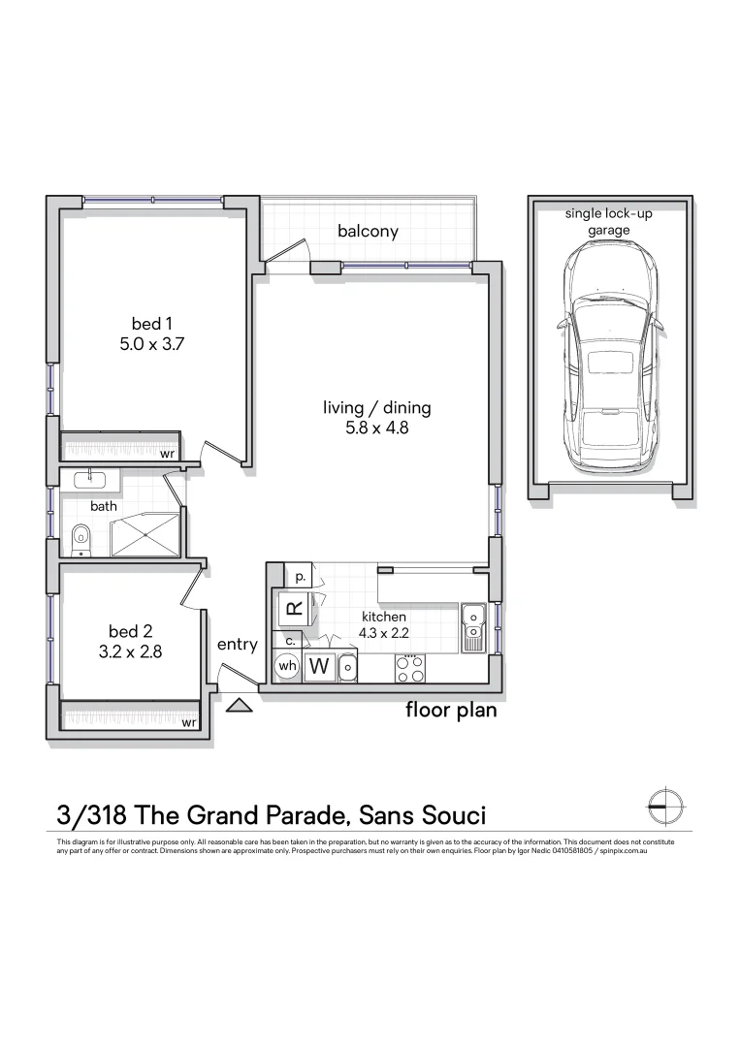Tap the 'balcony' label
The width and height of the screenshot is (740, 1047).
tap(368, 232)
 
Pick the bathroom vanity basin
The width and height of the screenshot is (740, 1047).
tap(90, 478)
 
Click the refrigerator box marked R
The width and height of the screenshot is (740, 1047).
tap(294, 609)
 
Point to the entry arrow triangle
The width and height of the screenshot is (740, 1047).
tap(239, 705)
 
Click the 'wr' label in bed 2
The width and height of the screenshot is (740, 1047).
tap(190, 723)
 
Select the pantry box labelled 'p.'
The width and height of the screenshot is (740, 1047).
tap(300, 576)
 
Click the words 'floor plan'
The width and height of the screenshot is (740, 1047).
tap(450, 711)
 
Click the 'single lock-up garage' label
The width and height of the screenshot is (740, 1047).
tap(609, 221)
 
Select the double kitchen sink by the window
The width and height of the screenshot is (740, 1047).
tap(473, 626)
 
